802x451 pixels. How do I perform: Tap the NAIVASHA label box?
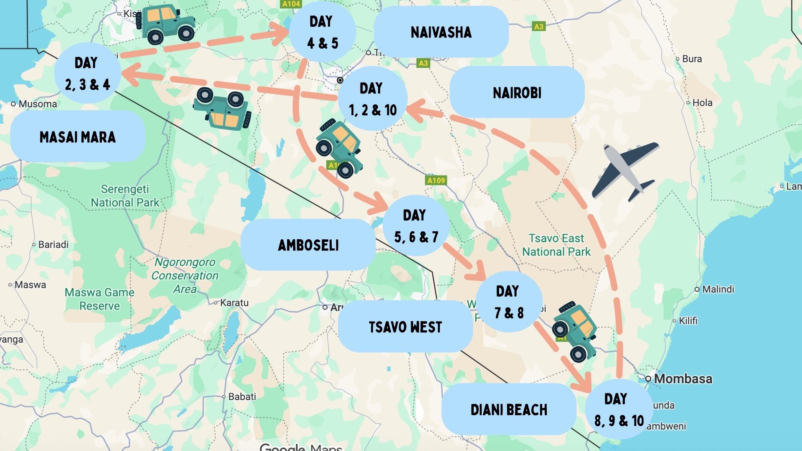441,32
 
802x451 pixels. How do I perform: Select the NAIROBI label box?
517,92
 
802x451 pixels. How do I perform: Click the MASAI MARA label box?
78,137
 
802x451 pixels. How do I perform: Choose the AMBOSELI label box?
308,245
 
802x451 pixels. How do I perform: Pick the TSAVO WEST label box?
405,327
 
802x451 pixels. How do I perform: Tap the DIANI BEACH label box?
509,410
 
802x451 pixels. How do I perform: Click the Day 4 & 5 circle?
322,32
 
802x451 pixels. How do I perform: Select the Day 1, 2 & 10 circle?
372,99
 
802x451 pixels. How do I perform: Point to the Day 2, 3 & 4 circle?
87,73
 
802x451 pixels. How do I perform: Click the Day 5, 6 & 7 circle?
416,226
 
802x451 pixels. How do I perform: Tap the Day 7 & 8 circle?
509,302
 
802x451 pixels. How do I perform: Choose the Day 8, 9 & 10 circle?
619,409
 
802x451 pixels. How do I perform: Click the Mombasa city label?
683,379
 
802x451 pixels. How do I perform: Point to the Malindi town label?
718,289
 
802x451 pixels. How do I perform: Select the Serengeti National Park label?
125,196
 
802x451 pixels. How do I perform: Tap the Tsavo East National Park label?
556,245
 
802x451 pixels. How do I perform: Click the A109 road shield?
436,180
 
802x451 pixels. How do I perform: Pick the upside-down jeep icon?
222,109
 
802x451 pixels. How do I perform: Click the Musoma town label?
37,104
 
